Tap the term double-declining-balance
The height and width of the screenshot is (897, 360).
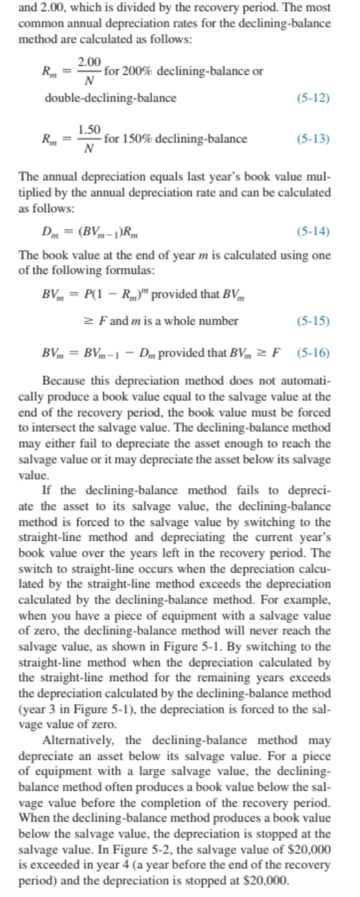click(x=110, y=98)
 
